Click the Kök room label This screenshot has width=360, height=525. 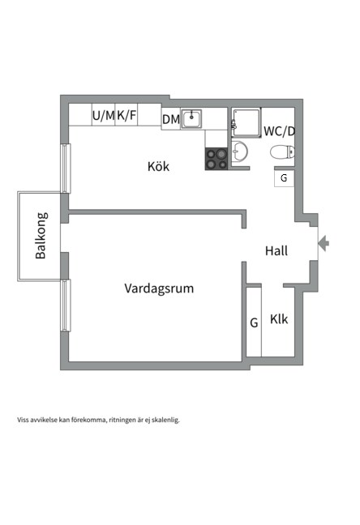(158, 166)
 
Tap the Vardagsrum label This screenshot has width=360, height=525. (159, 288)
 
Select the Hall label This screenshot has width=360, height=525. (276, 250)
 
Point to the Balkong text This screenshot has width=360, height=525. (41, 236)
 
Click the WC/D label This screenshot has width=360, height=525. (279, 131)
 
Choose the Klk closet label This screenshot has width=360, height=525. (279, 319)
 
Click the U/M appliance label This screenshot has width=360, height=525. (104, 116)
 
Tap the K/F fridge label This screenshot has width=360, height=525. (126, 115)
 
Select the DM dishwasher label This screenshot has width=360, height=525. (171, 119)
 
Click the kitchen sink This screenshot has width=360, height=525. (191, 119)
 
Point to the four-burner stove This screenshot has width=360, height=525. (216, 159)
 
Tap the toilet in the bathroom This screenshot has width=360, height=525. (282, 152)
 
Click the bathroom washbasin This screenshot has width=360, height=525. (239, 152)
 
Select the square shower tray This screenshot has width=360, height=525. (246, 122)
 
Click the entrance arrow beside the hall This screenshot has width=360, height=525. (324, 243)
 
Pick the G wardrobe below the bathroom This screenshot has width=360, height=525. (284, 178)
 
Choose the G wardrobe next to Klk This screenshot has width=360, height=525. (254, 322)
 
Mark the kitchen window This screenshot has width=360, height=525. (66, 169)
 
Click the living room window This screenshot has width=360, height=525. (66, 305)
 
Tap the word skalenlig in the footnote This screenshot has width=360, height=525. (165, 420)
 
